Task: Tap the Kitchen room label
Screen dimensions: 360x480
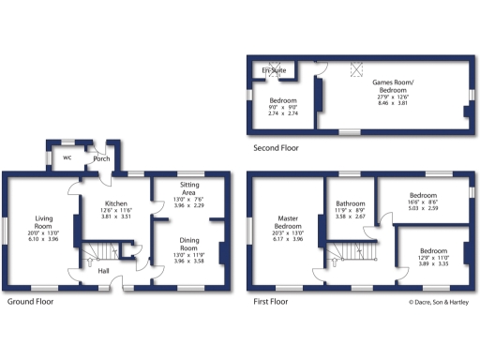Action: pyautogui.click(x=115, y=203)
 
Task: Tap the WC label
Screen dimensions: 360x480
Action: pyautogui.click(x=67, y=157)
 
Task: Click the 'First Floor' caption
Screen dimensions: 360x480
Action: pyautogui.click(x=270, y=302)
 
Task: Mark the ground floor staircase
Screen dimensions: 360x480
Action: pyautogui.click(x=97, y=252)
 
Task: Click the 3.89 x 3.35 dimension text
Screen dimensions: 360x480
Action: pyautogui.click(x=432, y=265)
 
